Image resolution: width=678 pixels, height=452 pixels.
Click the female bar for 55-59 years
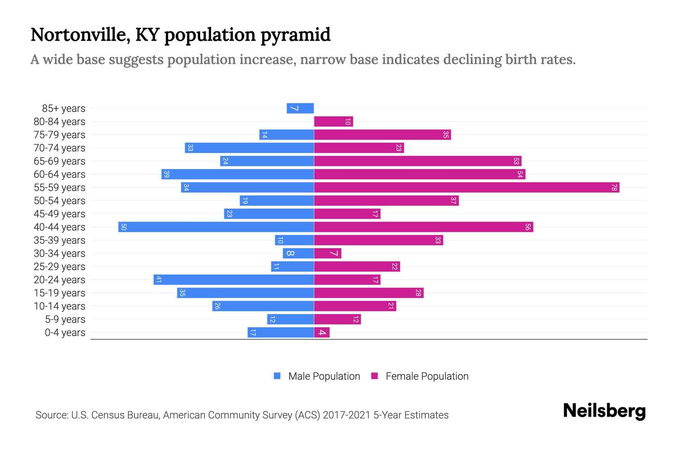pos(466,187)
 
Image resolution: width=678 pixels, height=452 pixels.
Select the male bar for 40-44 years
pos(216,227)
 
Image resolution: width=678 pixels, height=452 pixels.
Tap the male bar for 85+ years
pos(300,108)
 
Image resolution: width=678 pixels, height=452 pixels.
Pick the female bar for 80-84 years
pos(333,121)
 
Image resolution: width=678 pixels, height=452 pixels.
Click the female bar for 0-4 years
pos(322,332)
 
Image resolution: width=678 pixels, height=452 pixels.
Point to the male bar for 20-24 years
pos(234,279)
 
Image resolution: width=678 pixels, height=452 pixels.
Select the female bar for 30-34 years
pos(327,253)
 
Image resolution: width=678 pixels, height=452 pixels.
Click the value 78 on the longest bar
pos(614,187)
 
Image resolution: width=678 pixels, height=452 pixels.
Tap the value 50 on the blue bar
pos(124,227)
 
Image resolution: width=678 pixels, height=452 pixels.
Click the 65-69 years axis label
pos(60,161)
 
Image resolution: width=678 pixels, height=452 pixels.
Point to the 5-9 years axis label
pos(65,319)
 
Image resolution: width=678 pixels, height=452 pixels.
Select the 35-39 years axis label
pos(60,240)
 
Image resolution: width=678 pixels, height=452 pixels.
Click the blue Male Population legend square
pos(277,376)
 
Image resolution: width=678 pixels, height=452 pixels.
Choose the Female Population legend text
pos(427,376)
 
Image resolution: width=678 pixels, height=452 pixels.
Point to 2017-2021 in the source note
pos(347,415)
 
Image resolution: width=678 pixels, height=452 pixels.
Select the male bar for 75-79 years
pos(286,134)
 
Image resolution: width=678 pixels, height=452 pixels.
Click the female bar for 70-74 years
pos(359,148)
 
